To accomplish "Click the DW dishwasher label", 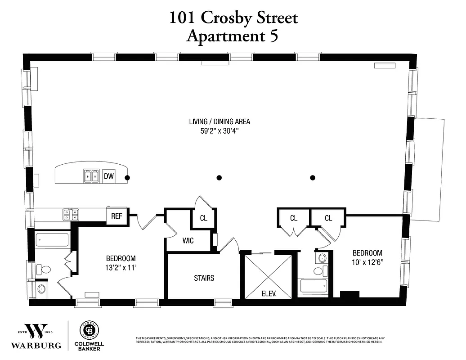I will [108, 177].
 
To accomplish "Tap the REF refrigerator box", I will [117, 216].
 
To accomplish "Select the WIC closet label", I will [188, 241].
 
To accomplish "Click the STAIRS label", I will [204, 278].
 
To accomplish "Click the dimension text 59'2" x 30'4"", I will [220, 132].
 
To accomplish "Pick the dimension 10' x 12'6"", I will [367, 262].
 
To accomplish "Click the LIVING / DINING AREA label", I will [220, 121].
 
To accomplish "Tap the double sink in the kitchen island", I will [92, 176].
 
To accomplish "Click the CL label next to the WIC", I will [203, 218].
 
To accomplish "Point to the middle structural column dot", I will [219, 178].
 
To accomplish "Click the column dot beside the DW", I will [127, 178].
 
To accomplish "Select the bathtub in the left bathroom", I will [52, 239].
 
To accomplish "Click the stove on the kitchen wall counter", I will [71, 215].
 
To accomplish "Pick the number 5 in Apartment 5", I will [273, 36].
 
